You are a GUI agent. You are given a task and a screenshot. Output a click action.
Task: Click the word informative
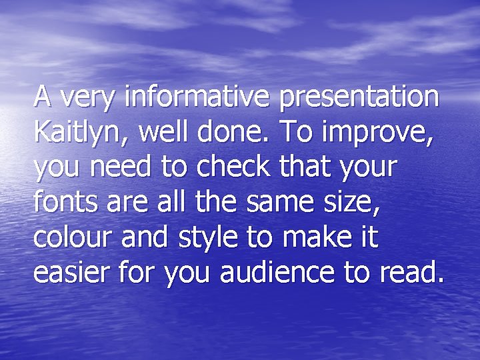tap(198, 97)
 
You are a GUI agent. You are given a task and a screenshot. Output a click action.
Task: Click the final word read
tap(415, 273)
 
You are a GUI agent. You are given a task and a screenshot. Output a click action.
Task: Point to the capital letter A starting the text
tap(43, 97)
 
